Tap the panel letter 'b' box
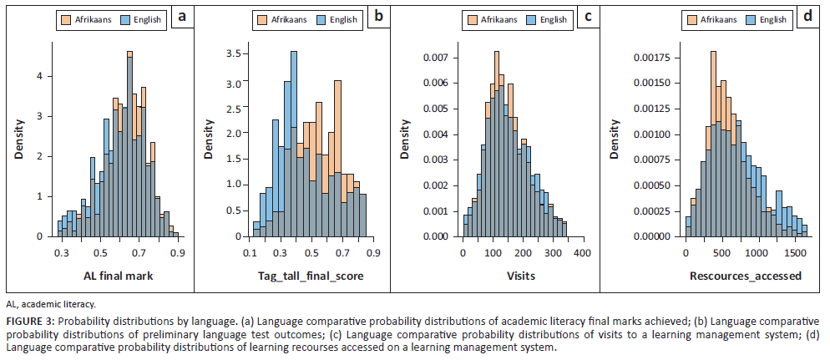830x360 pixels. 377,18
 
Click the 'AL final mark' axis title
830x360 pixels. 119,276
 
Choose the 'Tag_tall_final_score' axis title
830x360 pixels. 311,276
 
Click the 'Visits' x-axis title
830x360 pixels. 523,276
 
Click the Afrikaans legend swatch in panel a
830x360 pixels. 68,18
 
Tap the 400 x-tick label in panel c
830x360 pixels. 581,251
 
